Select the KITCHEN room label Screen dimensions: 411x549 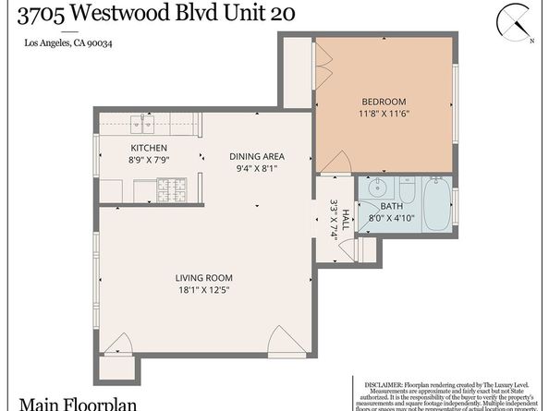[x=148, y=148]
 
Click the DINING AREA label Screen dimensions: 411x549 [x=256, y=156]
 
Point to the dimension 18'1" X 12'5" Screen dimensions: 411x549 [x=203, y=290]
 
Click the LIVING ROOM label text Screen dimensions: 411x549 [x=203, y=277]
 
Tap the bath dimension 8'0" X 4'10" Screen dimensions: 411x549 [x=390, y=219]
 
